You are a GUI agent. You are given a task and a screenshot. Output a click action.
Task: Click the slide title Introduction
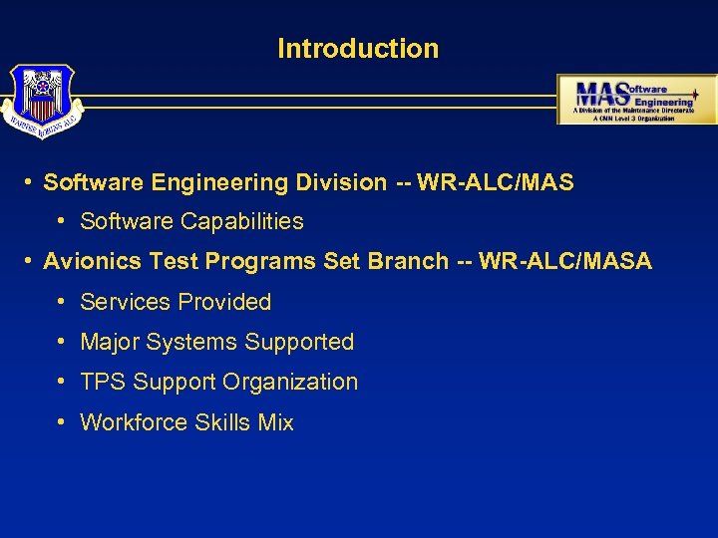tap(358, 48)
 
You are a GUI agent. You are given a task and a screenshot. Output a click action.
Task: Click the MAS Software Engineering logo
tap(636, 99)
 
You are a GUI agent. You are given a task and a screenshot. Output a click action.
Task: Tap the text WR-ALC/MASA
tap(564, 262)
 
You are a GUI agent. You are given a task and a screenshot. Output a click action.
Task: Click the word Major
tap(110, 342)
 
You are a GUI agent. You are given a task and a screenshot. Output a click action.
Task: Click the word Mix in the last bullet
tap(275, 422)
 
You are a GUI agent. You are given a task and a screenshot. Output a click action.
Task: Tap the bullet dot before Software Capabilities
tap(62, 221)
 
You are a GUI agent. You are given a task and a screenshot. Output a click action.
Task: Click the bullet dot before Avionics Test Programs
tap(31, 261)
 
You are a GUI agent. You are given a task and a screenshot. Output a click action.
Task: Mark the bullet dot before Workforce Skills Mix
tap(62, 421)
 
